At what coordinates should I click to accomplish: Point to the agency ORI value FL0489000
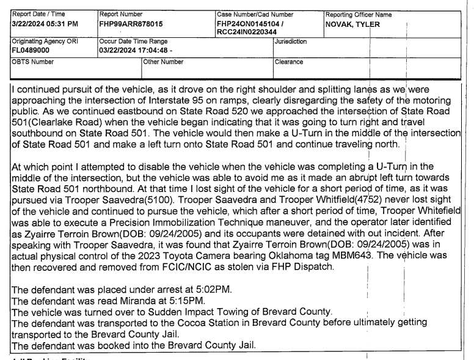29,50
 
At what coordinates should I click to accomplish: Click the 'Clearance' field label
291,61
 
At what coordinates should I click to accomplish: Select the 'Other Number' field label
163,61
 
